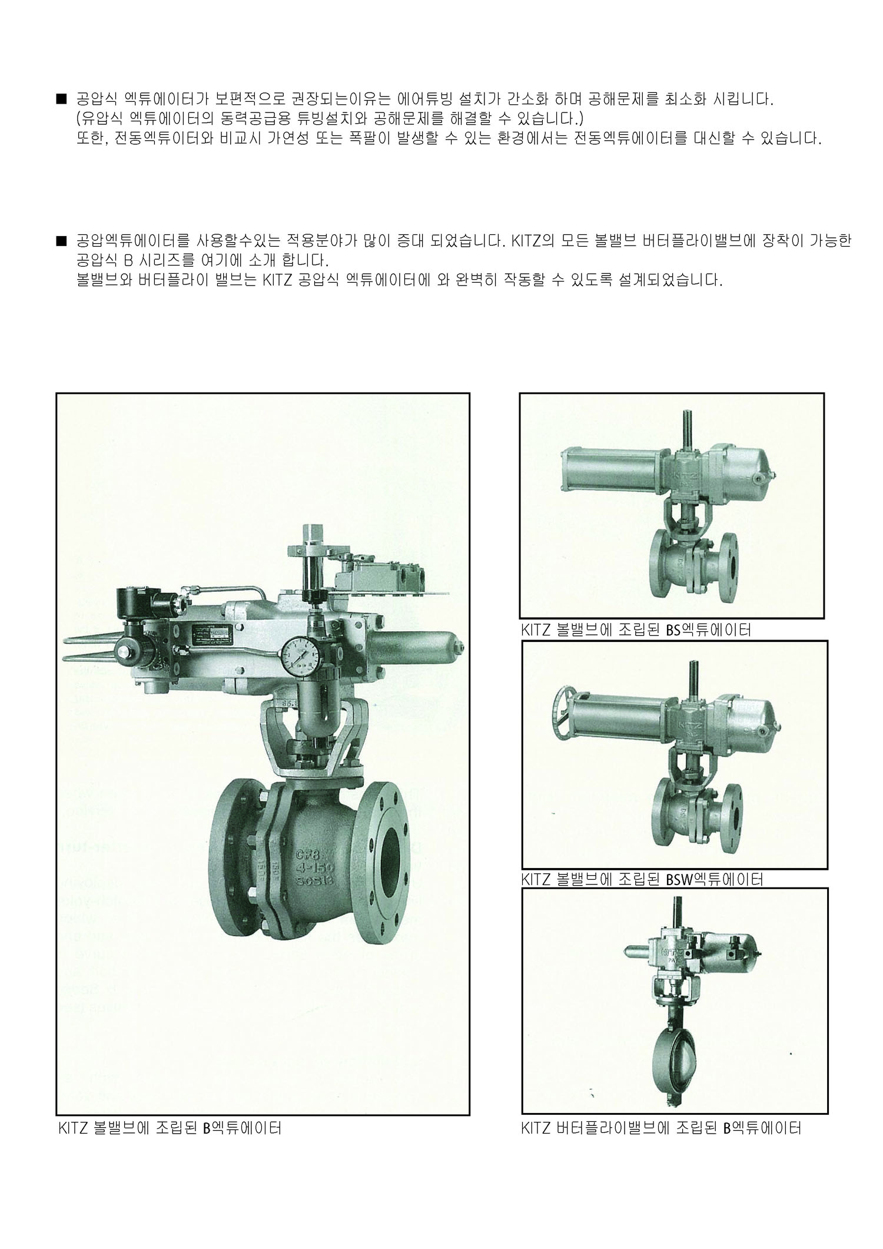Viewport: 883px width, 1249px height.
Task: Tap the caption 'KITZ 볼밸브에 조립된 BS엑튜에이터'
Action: tap(636, 630)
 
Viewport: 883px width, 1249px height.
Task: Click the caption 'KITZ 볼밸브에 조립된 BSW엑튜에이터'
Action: tap(642, 880)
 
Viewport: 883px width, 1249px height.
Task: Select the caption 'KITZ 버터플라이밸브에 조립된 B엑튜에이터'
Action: tap(661, 1128)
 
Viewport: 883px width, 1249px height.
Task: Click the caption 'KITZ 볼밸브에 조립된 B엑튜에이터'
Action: tap(170, 1128)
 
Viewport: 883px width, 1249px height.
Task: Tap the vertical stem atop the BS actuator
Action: tap(686, 428)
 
